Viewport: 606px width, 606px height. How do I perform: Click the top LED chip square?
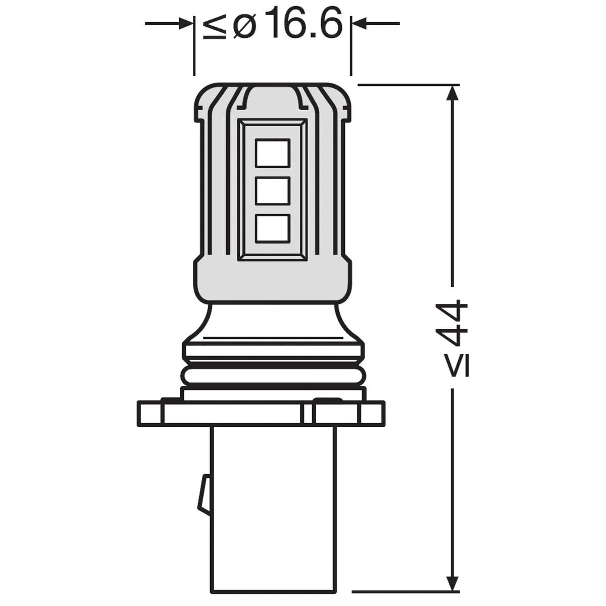coord(272,153)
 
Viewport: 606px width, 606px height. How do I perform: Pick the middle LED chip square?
coord(272,191)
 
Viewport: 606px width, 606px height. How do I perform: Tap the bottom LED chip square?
coord(272,229)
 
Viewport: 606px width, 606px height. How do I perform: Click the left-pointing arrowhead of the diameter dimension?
coord(359,23)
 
